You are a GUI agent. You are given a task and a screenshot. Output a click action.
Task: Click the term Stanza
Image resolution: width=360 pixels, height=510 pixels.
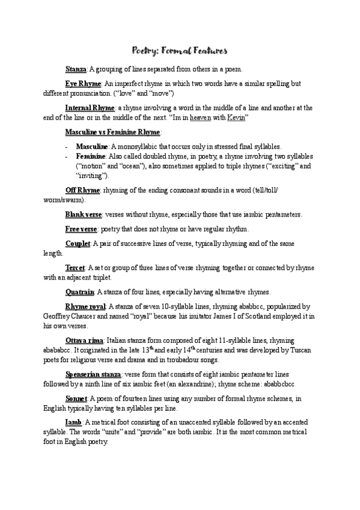[76, 69]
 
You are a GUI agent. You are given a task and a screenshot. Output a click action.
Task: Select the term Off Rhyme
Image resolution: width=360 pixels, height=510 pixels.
[82, 189]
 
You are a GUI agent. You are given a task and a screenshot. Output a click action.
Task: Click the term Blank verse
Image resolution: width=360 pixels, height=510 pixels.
[84, 214]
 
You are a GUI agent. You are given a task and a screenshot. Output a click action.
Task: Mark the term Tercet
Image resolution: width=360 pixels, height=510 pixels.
[75, 267]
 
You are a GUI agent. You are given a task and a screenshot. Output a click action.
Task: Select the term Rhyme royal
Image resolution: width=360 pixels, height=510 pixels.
[85, 306]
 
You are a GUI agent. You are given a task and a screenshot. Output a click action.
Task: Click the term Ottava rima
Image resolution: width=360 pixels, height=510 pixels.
[85, 340]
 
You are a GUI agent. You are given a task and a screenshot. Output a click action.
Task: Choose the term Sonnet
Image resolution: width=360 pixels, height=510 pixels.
[76, 398]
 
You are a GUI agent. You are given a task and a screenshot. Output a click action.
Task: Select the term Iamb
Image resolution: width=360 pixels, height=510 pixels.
[73, 422]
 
